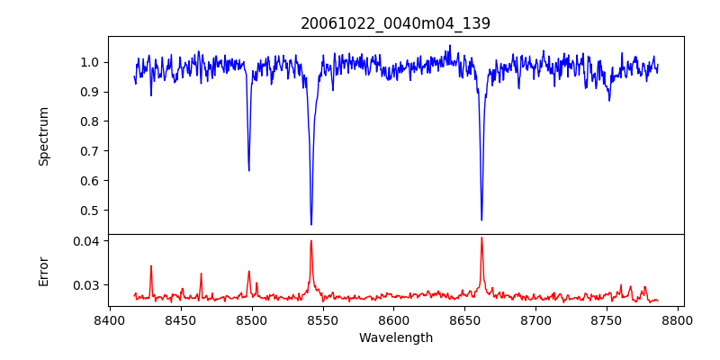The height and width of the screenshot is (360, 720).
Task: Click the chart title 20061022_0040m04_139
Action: [x=395, y=24]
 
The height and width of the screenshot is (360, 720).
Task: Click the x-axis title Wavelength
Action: [x=395, y=338]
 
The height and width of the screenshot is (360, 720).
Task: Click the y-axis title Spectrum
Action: [x=44, y=136]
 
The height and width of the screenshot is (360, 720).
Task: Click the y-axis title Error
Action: [x=44, y=271]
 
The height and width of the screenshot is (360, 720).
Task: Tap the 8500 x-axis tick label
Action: [x=252, y=319]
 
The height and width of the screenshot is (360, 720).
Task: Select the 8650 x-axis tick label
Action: [x=464, y=319]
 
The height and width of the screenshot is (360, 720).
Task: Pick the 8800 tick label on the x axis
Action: [x=678, y=319]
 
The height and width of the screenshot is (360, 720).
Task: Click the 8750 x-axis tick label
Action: [x=607, y=319]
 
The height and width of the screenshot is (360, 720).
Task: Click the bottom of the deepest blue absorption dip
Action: [x=311, y=224]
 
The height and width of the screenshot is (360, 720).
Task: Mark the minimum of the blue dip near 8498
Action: [x=249, y=170]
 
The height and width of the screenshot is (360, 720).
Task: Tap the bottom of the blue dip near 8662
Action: [x=481, y=220]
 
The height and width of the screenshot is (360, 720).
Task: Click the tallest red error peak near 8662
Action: [x=481, y=238]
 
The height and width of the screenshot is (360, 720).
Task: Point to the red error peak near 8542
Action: [x=311, y=240]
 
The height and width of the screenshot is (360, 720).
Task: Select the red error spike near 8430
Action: [x=151, y=265]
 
